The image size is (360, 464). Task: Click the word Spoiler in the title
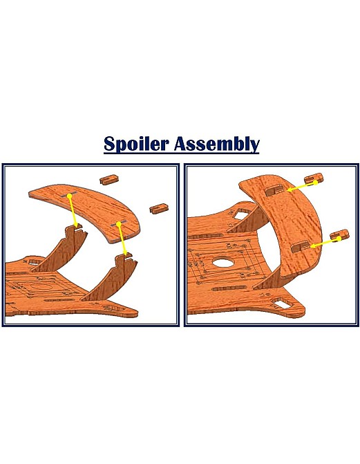[136, 144]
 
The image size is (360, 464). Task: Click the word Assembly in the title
[217, 144]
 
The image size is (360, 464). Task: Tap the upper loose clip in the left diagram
[109, 180]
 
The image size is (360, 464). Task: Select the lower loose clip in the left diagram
[160, 208]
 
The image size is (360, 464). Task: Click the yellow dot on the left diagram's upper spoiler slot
[69, 196]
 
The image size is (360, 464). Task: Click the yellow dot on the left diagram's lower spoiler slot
[119, 224]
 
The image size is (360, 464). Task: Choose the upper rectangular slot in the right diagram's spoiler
[276, 189]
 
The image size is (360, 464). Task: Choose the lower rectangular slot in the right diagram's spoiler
[301, 246]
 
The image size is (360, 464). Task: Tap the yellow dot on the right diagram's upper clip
[316, 183]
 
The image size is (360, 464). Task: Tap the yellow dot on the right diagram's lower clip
[339, 239]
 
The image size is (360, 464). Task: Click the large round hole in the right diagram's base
[223, 262]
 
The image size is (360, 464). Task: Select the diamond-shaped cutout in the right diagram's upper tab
[240, 214]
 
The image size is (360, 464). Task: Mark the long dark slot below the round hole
[229, 288]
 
